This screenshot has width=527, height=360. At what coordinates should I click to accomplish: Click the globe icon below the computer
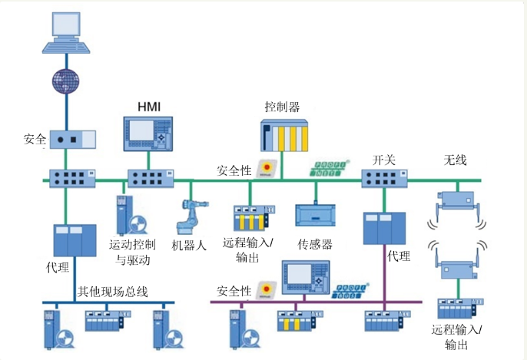tap(67, 80)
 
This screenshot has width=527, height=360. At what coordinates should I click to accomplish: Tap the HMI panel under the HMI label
tap(149, 134)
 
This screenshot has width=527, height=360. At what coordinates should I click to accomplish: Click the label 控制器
tap(282, 107)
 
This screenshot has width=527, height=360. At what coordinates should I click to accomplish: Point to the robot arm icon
tap(189, 217)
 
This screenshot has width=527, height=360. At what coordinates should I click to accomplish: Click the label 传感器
tap(314, 245)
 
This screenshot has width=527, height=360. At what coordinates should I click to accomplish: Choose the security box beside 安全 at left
tap(72, 139)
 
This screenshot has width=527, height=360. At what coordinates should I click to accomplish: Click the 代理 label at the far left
tap(58, 268)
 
